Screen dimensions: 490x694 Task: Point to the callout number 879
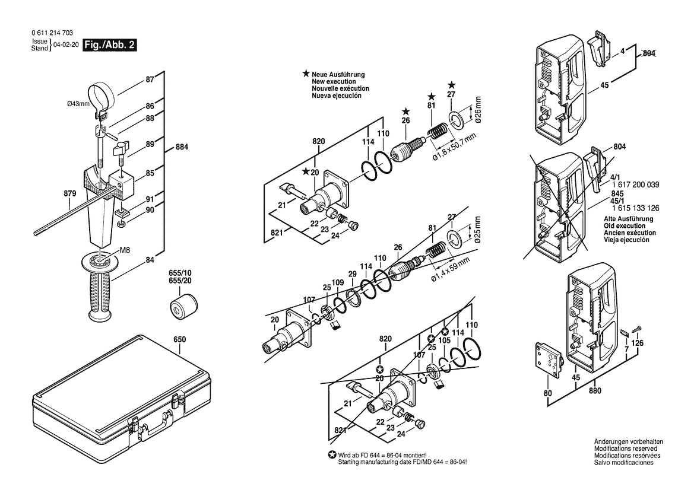(x=54, y=193)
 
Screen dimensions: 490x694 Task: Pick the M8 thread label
(x=125, y=250)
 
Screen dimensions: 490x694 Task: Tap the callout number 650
(x=179, y=340)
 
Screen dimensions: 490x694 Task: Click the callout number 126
(x=636, y=343)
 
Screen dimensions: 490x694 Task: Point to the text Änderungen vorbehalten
(x=629, y=442)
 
